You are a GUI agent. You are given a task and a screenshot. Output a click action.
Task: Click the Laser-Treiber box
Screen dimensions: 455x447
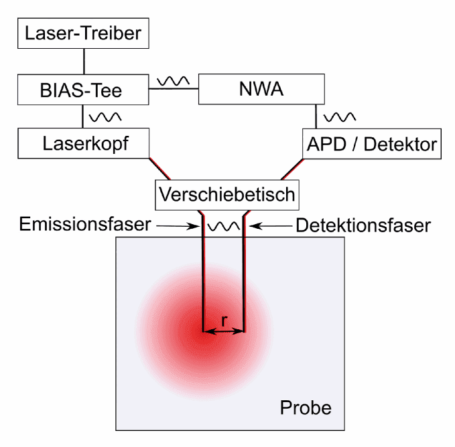pos(83,33)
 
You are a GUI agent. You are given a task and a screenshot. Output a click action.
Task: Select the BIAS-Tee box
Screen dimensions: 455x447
pos(83,90)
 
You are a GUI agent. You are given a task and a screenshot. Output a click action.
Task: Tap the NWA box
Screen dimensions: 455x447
pos(261,89)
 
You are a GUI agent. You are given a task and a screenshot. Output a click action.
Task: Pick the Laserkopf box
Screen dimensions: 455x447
pos(84,143)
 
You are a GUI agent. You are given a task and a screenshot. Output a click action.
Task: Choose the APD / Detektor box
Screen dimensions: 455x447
pos(372,144)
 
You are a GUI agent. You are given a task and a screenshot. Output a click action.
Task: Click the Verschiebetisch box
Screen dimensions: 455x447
pos(227,195)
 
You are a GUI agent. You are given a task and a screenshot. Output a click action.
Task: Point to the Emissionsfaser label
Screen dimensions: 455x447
pos(85,224)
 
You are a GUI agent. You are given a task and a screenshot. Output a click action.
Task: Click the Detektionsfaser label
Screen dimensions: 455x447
pos(363,226)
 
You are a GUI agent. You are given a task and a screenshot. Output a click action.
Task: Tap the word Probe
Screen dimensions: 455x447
pos(306,408)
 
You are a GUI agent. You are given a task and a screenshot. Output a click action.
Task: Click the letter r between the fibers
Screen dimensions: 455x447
pos(224,321)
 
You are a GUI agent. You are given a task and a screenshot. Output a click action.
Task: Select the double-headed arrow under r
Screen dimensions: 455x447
pos(224,331)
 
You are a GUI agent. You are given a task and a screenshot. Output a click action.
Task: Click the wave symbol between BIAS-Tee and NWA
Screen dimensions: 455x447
pos(174,81)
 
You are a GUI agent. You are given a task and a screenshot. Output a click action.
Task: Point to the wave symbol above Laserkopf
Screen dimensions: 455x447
pos(105,117)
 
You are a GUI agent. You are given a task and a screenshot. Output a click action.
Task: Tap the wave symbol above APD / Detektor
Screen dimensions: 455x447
pos(340,117)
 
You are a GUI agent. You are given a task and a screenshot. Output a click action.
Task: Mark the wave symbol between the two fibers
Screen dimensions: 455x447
pos(224,227)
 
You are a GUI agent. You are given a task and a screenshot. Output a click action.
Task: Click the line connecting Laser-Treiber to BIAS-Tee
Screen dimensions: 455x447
pos(84,62)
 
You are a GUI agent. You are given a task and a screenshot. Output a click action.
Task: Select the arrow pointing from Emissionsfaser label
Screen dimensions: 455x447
pos(178,226)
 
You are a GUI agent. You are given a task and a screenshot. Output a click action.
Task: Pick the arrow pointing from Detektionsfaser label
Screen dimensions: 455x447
pos(271,226)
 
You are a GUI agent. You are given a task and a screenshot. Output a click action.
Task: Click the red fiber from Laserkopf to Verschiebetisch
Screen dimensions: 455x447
pos(159,169)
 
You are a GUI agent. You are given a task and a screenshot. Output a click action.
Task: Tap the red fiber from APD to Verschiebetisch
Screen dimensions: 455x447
pos(292,169)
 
